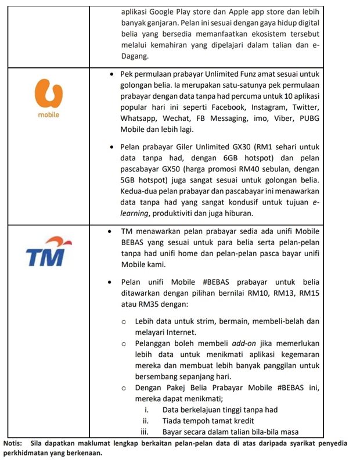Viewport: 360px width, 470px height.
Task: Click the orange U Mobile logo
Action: pyautogui.click(x=49, y=96)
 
